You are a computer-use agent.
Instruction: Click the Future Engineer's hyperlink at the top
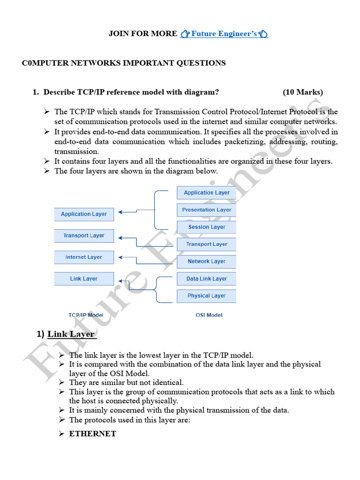pyautogui.click(x=224, y=34)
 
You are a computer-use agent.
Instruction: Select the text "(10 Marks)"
pyautogui.click(x=302, y=92)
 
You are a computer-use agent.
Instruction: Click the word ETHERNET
pyautogui.click(x=92, y=434)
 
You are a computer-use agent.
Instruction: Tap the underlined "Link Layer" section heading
pyautogui.click(x=71, y=334)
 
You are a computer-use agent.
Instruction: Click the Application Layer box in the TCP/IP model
pyautogui.click(x=84, y=214)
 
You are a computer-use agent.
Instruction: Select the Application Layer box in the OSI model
pyautogui.click(x=206, y=193)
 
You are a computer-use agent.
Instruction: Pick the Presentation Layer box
pyautogui.click(x=206, y=210)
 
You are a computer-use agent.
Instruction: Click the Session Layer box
pyautogui.click(x=206, y=227)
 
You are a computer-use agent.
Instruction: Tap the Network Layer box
pyautogui.click(x=206, y=262)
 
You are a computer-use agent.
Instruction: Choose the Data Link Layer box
pyautogui.click(x=206, y=279)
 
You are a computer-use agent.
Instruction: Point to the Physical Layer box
pyautogui.click(x=206, y=296)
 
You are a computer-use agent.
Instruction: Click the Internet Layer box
pyautogui.click(x=84, y=257)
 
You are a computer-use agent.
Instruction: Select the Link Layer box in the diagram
pyautogui.click(x=84, y=279)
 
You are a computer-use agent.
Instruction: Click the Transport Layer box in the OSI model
pyautogui.click(x=206, y=244)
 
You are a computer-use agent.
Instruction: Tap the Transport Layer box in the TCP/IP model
pyautogui.click(x=84, y=236)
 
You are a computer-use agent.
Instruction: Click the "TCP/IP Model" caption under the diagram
pyautogui.click(x=86, y=315)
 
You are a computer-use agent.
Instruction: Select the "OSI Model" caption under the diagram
pyautogui.click(x=209, y=315)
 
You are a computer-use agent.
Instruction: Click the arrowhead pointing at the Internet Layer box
pyautogui.click(x=120, y=257)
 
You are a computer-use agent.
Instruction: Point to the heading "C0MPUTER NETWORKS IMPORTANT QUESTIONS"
pyautogui.click(x=124, y=63)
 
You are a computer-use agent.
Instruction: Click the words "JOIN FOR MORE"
pyautogui.click(x=143, y=34)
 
